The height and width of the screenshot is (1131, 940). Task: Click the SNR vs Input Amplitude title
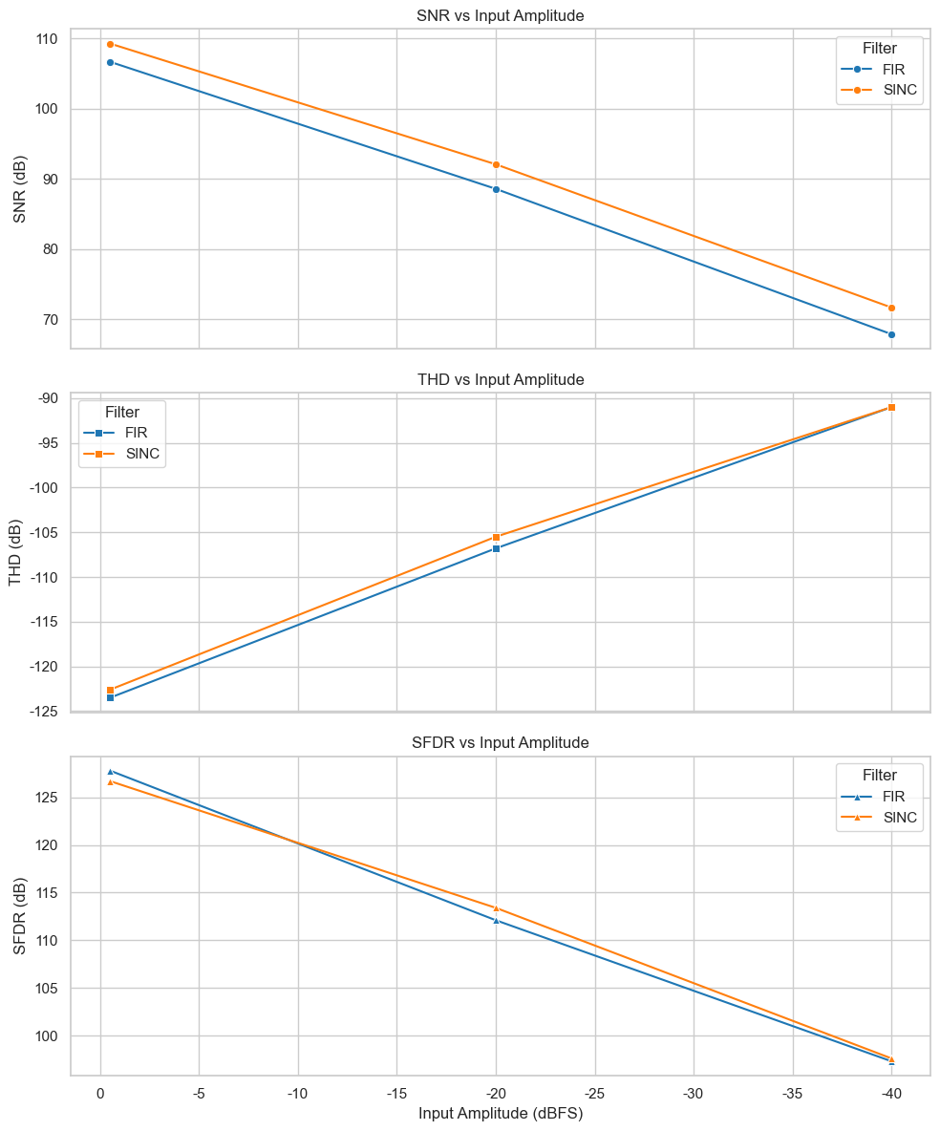pos(501,16)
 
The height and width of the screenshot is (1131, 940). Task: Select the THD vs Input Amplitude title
pos(501,379)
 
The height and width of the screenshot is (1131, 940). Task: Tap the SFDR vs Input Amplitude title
pos(501,742)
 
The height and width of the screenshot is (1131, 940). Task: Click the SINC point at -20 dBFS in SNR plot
pos(496,165)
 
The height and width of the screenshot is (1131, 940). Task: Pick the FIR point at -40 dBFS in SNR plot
pos(891,334)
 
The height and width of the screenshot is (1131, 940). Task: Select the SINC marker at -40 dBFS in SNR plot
pos(891,308)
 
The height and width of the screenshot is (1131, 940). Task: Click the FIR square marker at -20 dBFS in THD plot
pos(496,548)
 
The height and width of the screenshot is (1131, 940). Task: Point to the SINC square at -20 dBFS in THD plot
pos(496,537)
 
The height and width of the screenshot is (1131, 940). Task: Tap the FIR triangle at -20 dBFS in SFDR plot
pos(496,921)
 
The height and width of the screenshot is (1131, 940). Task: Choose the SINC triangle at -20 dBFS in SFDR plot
pos(496,908)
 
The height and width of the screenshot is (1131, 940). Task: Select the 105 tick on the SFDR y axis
pos(49,989)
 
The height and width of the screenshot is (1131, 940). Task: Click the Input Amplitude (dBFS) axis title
pos(501,1114)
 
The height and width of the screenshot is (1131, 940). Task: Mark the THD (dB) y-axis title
pos(16,554)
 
